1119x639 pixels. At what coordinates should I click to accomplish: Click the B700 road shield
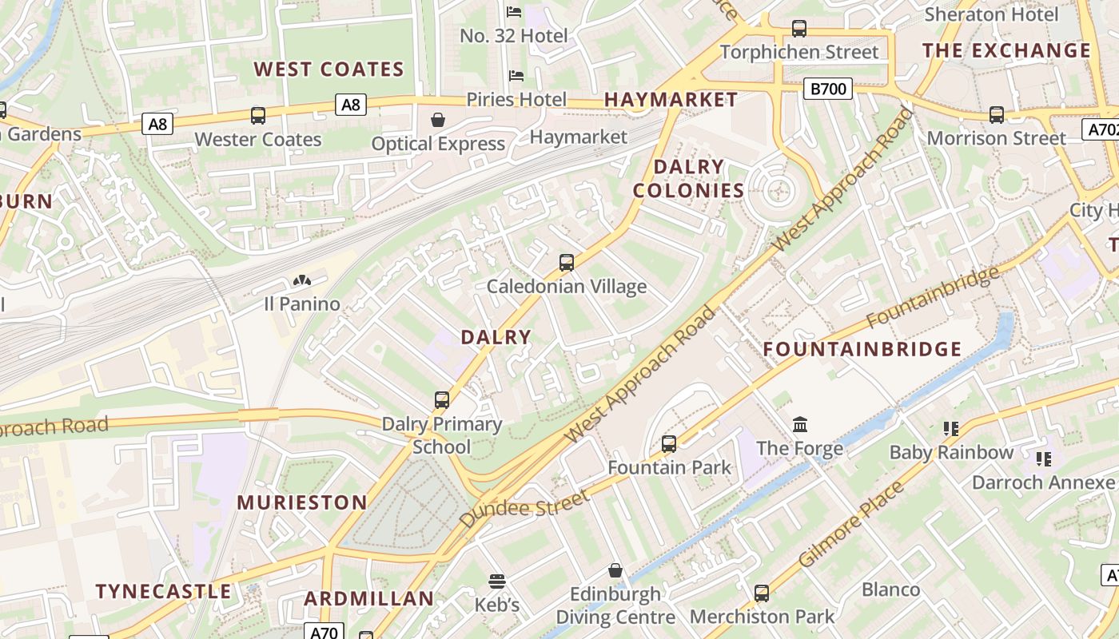coord(828,89)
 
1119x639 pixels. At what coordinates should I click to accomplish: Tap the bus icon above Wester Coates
coord(258,116)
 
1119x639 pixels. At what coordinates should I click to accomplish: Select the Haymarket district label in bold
coord(671,100)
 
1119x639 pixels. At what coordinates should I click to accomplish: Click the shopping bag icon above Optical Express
coord(438,121)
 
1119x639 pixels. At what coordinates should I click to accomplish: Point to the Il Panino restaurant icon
coord(302,281)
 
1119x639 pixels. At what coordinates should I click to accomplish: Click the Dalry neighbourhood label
coord(496,337)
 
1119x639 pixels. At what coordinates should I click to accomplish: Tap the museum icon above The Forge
coord(800,425)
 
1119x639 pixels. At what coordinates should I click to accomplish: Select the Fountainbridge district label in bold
coord(862,349)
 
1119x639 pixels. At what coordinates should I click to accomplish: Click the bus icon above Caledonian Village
coord(567,263)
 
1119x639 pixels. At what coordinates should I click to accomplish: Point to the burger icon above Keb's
coord(497,581)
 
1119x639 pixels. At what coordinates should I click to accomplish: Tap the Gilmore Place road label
coord(851,524)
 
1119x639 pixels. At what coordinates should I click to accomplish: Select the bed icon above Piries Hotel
coord(516,76)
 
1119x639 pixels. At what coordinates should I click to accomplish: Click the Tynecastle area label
coord(163,592)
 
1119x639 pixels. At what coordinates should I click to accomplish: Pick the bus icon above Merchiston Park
coord(762,593)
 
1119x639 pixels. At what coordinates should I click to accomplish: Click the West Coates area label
coord(329,69)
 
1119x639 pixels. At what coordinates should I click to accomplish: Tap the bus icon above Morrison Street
coord(997,115)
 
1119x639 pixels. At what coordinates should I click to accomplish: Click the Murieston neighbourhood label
coord(302,502)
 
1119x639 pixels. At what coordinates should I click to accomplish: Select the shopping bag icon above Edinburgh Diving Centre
coord(615,570)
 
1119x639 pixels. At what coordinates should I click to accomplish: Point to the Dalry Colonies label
coord(688,178)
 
